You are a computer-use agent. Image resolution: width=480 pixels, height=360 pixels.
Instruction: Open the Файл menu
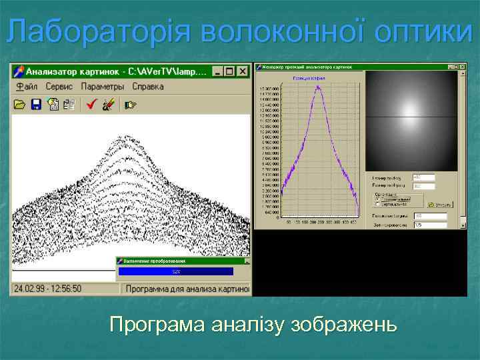(27, 87)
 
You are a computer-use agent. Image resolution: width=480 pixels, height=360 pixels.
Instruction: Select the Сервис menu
(60, 87)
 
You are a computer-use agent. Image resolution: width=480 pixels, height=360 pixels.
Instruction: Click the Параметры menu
(103, 87)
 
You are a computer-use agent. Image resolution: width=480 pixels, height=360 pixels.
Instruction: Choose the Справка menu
(148, 87)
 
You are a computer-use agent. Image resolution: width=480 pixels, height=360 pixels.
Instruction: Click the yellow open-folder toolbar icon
(19, 104)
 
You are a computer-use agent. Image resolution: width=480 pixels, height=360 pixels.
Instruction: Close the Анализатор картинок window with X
(243, 71)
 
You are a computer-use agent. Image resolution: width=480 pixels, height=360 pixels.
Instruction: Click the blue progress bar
(176, 272)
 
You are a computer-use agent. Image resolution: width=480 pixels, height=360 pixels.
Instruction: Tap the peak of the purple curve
(319, 87)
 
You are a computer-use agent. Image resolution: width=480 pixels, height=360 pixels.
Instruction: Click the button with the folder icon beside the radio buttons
(441, 205)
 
